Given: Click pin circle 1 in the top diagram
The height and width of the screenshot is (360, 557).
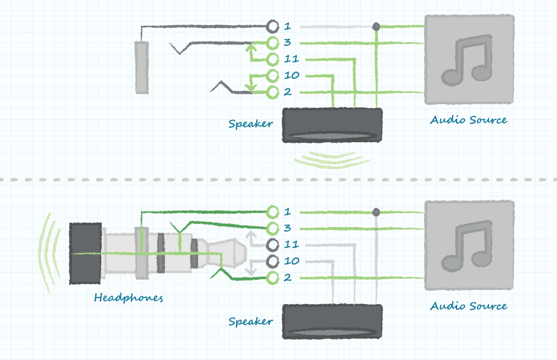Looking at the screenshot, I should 272,26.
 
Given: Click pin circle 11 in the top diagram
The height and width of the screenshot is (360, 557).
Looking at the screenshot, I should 272,60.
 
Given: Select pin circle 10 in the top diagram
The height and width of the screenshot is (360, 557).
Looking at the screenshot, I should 272,76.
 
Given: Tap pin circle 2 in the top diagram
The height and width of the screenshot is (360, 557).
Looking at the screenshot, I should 272,92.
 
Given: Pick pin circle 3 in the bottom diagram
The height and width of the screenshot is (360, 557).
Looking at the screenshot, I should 272,228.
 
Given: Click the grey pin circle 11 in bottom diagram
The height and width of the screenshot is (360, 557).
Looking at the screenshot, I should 272,245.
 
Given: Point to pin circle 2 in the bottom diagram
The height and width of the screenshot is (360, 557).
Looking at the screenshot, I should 272,278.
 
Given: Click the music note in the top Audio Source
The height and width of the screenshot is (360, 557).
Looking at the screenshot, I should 468,59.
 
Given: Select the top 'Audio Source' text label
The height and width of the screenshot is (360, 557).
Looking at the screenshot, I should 468,120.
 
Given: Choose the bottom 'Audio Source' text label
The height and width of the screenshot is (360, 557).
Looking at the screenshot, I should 468,306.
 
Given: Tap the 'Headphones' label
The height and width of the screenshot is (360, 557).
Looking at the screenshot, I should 128,297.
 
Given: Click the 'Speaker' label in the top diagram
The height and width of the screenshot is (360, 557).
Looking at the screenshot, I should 250,124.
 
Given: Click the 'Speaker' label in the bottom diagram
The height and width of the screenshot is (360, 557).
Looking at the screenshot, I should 250,321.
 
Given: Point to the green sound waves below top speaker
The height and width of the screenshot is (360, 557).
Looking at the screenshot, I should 332,159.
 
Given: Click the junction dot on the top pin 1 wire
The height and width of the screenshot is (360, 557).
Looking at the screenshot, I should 376,26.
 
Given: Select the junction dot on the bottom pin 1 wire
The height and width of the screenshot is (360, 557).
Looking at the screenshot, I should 376,212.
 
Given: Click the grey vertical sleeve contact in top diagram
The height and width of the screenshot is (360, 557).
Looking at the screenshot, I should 142,67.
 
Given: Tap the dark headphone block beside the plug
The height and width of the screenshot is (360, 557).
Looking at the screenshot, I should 85,253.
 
